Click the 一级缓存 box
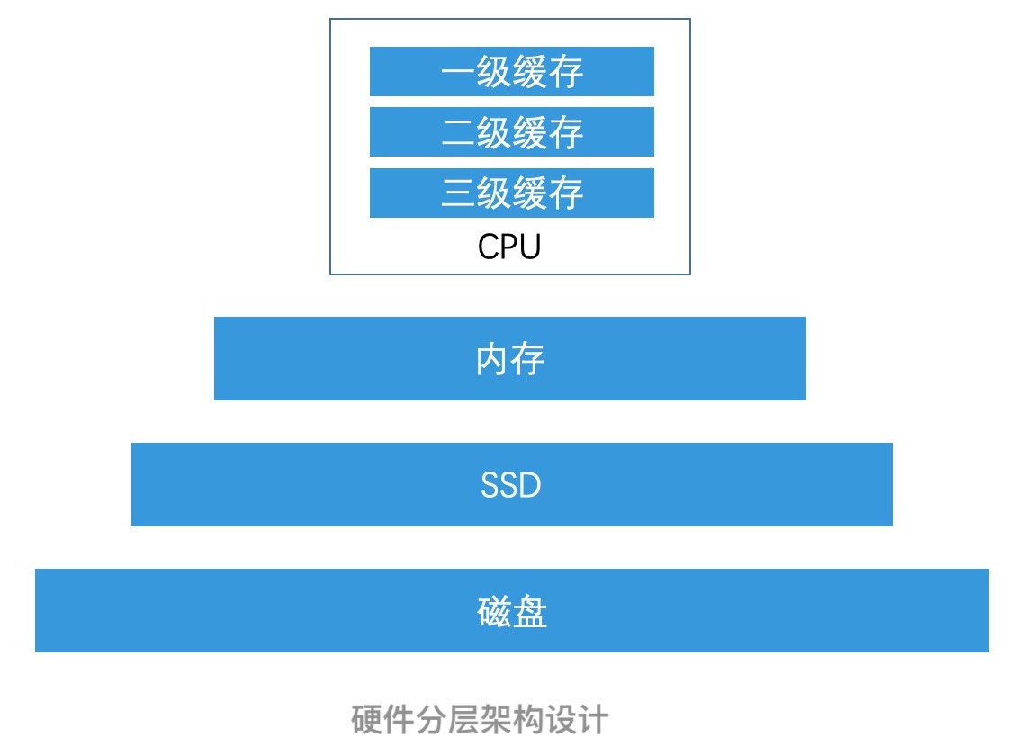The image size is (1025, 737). [x=511, y=71]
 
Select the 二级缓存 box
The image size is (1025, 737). [x=511, y=131]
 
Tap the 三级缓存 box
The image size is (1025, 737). [x=511, y=193]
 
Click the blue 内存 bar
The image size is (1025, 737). [x=509, y=358]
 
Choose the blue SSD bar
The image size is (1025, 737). [x=511, y=484]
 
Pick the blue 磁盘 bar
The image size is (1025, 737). [x=511, y=610]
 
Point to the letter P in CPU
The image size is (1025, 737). [x=508, y=247]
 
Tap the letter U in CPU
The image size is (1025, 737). [x=529, y=247]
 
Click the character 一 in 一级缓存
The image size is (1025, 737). [x=457, y=72]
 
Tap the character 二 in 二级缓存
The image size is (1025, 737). [x=457, y=132]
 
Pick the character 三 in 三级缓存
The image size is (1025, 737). [x=457, y=193]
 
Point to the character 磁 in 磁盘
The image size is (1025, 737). [x=493, y=612]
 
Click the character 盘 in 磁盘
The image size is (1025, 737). [x=530, y=612]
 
